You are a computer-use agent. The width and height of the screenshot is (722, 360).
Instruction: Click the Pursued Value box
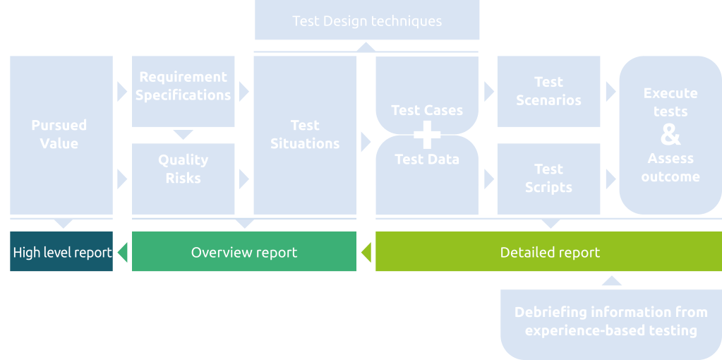[61, 134]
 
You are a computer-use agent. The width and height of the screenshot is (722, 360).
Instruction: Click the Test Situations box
[304, 134]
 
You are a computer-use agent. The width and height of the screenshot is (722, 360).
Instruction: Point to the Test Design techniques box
[366, 20]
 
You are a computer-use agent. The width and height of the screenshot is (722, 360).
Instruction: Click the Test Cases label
[427, 110]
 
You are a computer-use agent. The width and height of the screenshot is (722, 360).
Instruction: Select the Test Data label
[427, 160]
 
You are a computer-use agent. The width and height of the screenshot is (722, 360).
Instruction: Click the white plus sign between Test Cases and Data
[427, 134]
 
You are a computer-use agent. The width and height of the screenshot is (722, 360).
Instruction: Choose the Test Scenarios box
[548, 91]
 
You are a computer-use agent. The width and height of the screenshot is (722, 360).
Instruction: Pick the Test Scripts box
[548, 178]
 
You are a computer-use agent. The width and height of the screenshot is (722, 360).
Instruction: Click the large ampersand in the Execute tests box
[670, 134]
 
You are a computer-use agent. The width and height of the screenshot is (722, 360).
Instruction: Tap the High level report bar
[61, 252]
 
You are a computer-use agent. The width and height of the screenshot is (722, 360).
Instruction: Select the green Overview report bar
[244, 252]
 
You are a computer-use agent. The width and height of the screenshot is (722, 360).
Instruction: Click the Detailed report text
[550, 252]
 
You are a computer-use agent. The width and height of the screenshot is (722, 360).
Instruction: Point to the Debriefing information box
[610, 322]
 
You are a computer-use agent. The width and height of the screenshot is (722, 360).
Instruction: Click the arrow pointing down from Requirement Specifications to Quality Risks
[183, 135]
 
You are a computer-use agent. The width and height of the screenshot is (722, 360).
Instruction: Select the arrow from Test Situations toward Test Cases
[366, 142]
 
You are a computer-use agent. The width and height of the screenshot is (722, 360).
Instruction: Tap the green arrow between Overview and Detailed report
[366, 251]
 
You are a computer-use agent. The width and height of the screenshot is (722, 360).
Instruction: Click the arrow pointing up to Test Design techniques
[366, 47]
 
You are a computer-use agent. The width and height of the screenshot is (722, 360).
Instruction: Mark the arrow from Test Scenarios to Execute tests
[610, 92]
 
